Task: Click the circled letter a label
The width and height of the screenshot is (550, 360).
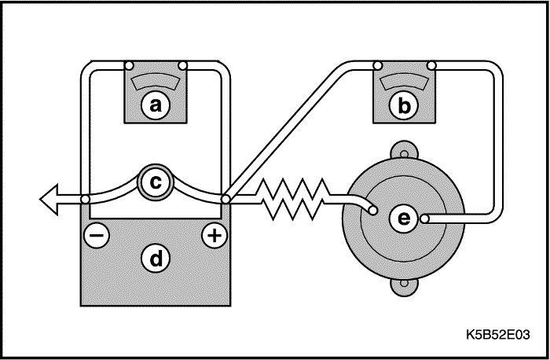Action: click(156, 105)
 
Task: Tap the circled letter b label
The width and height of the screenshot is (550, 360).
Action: click(403, 105)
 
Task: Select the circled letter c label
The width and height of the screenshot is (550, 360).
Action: click(156, 182)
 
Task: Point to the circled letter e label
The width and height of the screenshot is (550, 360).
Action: click(403, 219)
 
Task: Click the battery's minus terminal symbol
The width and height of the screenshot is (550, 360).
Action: click(96, 235)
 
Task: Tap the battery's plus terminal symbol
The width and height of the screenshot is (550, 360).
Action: click(214, 235)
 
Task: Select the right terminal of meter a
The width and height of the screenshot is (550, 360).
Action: click(182, 65)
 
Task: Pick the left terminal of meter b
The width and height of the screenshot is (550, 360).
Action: click(378, 65)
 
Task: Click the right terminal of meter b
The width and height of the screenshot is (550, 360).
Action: click(430, 65)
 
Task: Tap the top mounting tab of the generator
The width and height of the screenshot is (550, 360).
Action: click(403, 149)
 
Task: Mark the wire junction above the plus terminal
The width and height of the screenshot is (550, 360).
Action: click(225, 200)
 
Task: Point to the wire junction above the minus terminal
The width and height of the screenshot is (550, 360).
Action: click(85, 200)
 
